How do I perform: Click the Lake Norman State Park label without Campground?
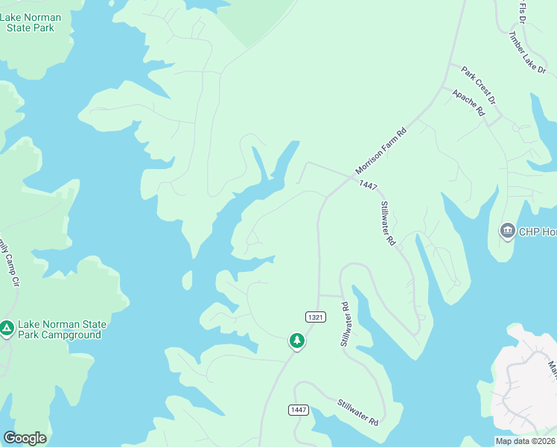click(x=30, y=22)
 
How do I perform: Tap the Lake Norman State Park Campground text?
click(x=63, y=329)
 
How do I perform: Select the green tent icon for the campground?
click(x=7, y=328)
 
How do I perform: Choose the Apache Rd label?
click(x=468, y=102)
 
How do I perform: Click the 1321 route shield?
click(x=315, y=317)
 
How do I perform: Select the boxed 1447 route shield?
click(x=299, y=410)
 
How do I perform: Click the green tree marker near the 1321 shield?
click(x=297, y=340)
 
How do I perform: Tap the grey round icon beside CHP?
click(x=508, y=230)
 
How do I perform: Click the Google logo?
click(x=25, y=437)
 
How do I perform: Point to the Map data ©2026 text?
click(x=525, y=441)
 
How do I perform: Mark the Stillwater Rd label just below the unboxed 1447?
click(x=387, y=223)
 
